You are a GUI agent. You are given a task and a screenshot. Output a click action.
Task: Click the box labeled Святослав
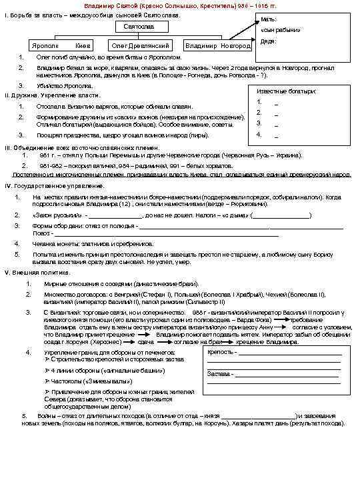point(141,26)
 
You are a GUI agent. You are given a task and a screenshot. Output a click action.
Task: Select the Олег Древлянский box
point(141,46)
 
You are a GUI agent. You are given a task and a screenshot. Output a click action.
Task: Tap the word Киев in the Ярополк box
point(83,46)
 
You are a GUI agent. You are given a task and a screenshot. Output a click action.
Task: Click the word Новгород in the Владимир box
point(237,46)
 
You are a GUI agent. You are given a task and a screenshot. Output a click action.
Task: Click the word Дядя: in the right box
point(269,41)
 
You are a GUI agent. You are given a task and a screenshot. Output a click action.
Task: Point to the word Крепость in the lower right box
point(220,352)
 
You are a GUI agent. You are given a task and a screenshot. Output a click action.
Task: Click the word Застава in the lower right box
point(219,374)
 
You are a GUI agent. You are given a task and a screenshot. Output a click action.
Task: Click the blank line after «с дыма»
point(281,215)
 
